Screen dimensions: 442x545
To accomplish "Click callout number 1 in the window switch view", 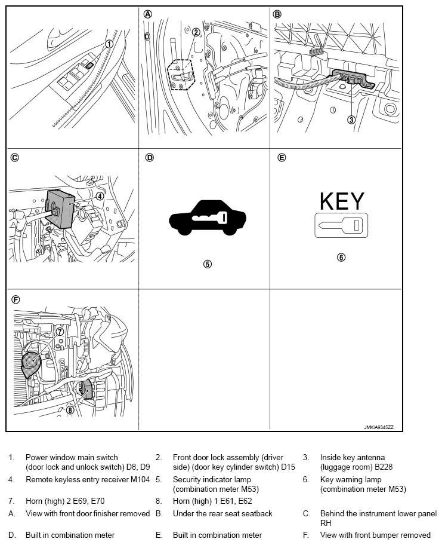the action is [x=109, y=44].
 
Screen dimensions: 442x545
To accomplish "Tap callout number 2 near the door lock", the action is [x=196, y=32].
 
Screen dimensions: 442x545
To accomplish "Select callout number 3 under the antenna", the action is [x=351, y=120].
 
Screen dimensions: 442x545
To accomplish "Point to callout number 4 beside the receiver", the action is [x=100, y=196].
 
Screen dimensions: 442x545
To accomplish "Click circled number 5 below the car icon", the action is [x=207, y=264].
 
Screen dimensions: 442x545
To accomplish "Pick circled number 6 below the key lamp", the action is [x=341, y=257].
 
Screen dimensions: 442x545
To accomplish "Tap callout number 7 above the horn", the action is [x=60, y=332].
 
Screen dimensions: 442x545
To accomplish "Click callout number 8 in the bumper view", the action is [x=70, y=410].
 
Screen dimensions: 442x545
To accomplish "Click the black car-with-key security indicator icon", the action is [x=208, y=218].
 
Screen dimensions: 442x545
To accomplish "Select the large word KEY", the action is [x=342, y=201].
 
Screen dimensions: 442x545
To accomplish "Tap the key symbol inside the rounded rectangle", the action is [x=341, y=225].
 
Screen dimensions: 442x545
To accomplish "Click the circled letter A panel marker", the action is [x=147, y=14].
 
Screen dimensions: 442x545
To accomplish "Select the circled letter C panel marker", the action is [x=14, y=158].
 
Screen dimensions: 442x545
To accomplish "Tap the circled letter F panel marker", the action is [x=16, y=299].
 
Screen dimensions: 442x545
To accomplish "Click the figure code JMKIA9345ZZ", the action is [x=379, y=427].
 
